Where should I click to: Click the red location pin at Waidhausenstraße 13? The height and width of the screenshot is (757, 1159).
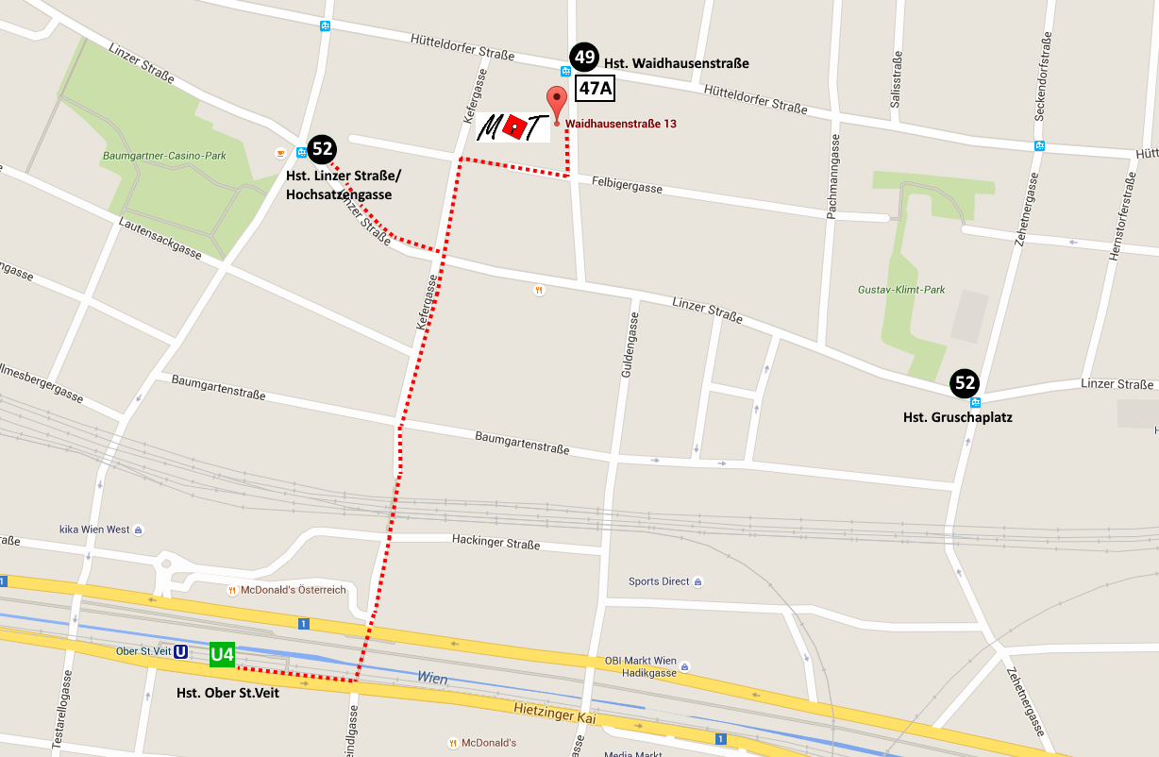556,101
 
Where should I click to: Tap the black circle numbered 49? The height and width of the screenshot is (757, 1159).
584,58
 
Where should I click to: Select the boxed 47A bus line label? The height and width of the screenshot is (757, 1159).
595,89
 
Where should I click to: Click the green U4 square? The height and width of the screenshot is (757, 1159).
222,654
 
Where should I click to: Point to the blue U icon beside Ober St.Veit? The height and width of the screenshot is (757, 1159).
180,651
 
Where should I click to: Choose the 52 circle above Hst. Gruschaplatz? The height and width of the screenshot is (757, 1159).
965,382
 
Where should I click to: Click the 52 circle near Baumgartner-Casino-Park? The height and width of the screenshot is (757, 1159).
322,148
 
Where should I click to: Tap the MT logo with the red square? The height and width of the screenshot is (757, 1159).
512,127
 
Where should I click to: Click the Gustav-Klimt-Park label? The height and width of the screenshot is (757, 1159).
901,290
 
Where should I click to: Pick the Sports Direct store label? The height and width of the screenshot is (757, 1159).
659,581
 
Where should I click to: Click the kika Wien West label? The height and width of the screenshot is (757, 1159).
94,530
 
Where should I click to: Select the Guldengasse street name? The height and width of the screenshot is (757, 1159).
625,347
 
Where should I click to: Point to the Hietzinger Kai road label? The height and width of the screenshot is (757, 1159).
555,714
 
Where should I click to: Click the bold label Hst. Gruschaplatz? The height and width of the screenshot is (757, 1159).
957,416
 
